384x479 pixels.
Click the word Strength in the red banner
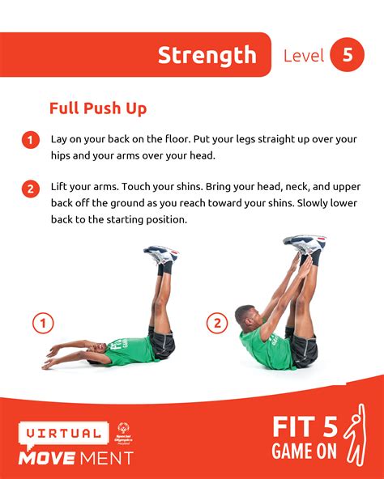pyautogui.click(x=207, y=55)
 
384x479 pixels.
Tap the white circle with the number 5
pyautogui.click(x=348, y=55)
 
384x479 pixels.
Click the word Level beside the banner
pyautogui.click(x=304, y=56)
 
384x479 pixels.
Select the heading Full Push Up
pyautogui.click(x=97, y=108)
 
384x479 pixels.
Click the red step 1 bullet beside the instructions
pyautogui.click(x=30, y=140)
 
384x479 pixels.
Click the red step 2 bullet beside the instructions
pyautogui.click(x=30, y=189)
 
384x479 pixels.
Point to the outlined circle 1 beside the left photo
pyautogui.click(x=42, y=324)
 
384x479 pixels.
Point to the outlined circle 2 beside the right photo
pyautogui.click(x=216, y=324)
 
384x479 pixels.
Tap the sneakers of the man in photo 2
pyautogui.click(x=305, y=243)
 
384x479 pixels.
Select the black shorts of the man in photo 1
pyautogui.click(x=161, y=345)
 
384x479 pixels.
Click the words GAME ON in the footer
pyautogui.click(x=305, y=452)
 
